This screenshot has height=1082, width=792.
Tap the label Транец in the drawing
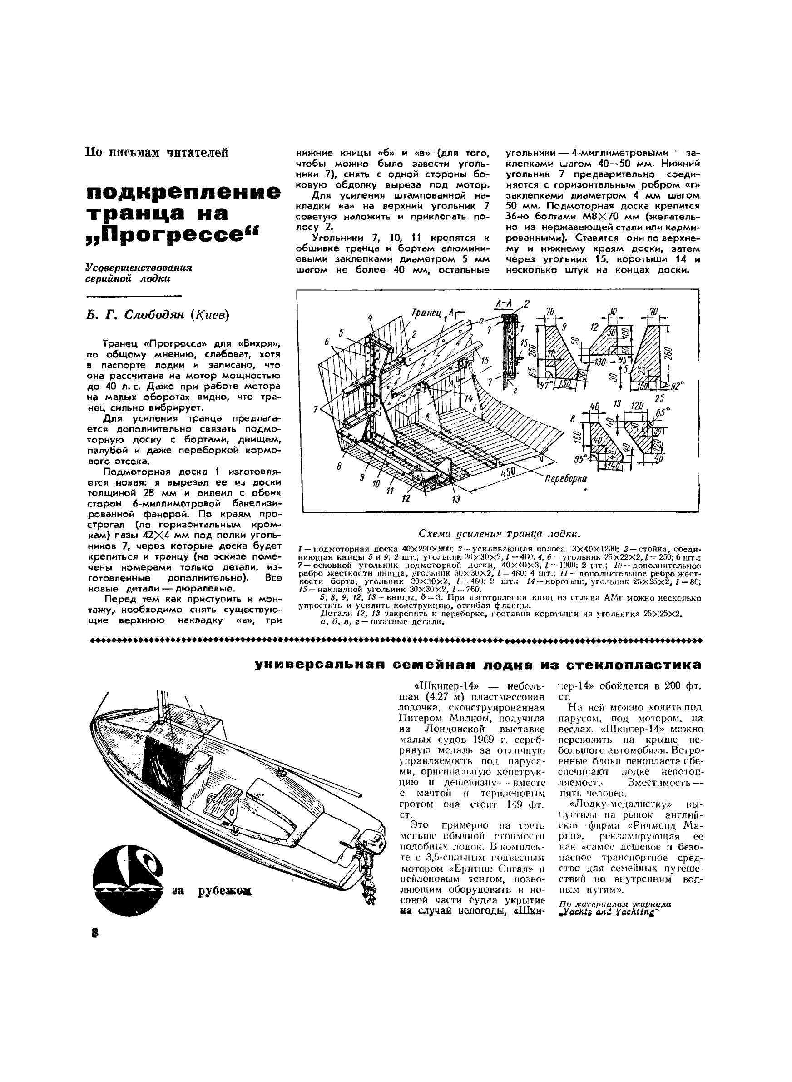[x=425, y=313]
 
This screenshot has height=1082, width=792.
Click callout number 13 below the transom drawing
[x=455, y=500]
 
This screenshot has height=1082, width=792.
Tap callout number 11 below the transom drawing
[x=390, y=491]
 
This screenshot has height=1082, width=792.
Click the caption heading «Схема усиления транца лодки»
[x=499, y=534]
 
